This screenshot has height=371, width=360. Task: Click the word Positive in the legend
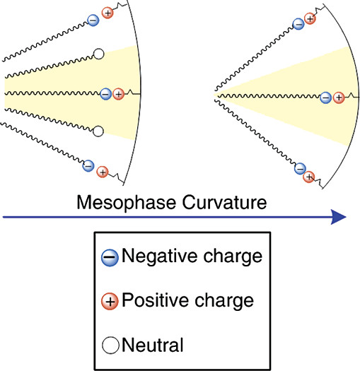click(x=150, y=300)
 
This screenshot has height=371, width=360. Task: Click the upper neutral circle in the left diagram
click(x=98, y=53)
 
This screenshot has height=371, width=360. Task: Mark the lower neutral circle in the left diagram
click(x=98, y=131)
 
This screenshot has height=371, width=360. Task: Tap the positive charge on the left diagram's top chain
click(x=108, y=13)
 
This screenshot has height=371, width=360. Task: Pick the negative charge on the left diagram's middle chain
click(x=105, y=93)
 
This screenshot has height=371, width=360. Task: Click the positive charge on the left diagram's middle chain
click(x=118, y=93)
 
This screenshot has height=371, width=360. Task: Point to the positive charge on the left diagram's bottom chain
click(x=102, y=172)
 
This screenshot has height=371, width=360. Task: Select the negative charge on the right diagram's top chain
click(x=298, y=24)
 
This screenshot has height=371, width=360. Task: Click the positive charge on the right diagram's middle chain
click(x=338, y=98)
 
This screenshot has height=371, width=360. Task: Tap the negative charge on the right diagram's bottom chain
click(x=298, y=169)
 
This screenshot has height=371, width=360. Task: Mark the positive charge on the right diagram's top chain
click(x=310, y=18)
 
